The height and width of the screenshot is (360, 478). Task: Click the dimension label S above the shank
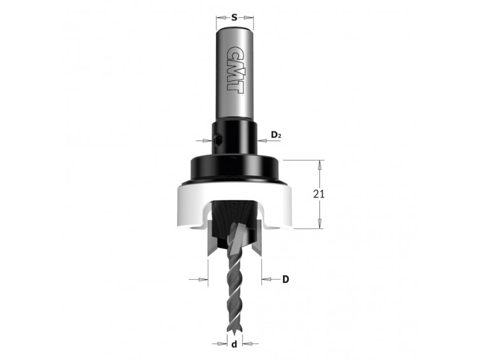(x=234, y=18)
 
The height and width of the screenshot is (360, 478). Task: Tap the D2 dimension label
(x=276, y=134)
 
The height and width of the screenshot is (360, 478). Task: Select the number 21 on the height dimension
(x=319, y=194)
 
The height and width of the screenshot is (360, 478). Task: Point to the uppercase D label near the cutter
(x=286, y=279)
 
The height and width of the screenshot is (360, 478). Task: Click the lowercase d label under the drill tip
(x=234, y=345)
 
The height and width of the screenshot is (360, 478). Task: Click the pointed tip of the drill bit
(x=235, y=333)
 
